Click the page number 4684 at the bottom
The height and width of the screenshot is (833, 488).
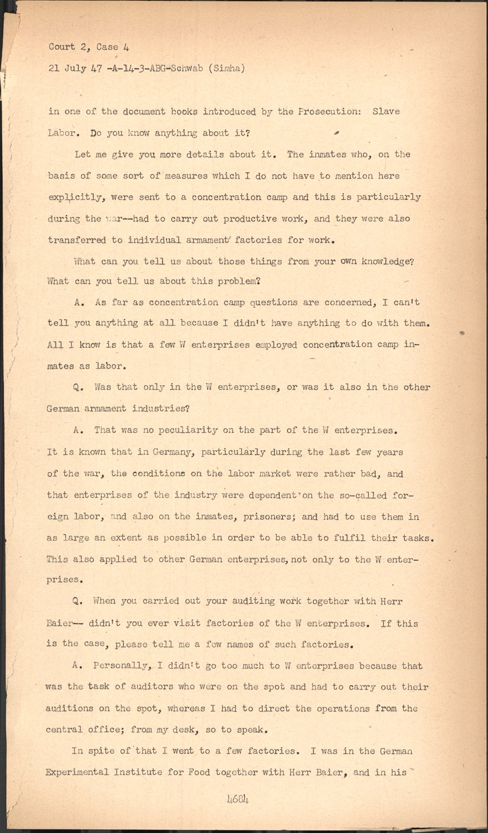coord(238,799)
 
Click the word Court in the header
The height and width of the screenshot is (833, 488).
coord(62,46)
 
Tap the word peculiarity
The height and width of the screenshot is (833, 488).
coord(181,430)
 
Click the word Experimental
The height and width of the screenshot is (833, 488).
coord(78,773)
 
